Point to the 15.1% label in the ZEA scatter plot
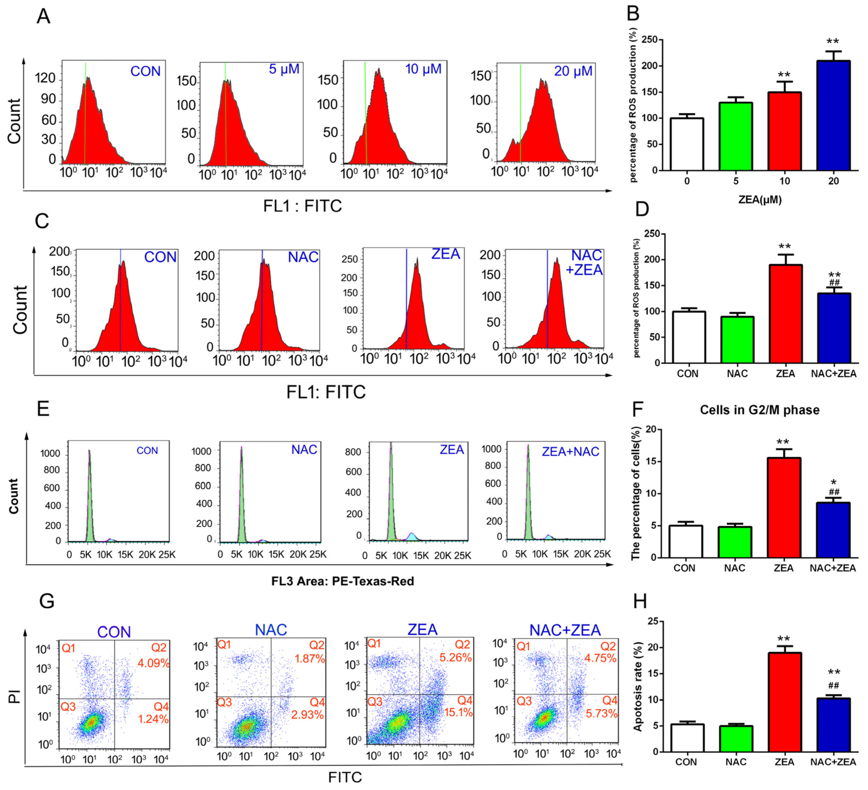[x=458, y=713]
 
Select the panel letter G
[x=46, y=601]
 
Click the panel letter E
[x=43, y=408]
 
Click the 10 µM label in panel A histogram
[x=423, y=69]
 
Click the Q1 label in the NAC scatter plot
[x=224, y=645]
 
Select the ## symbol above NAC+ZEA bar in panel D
[x=834, y=283]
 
